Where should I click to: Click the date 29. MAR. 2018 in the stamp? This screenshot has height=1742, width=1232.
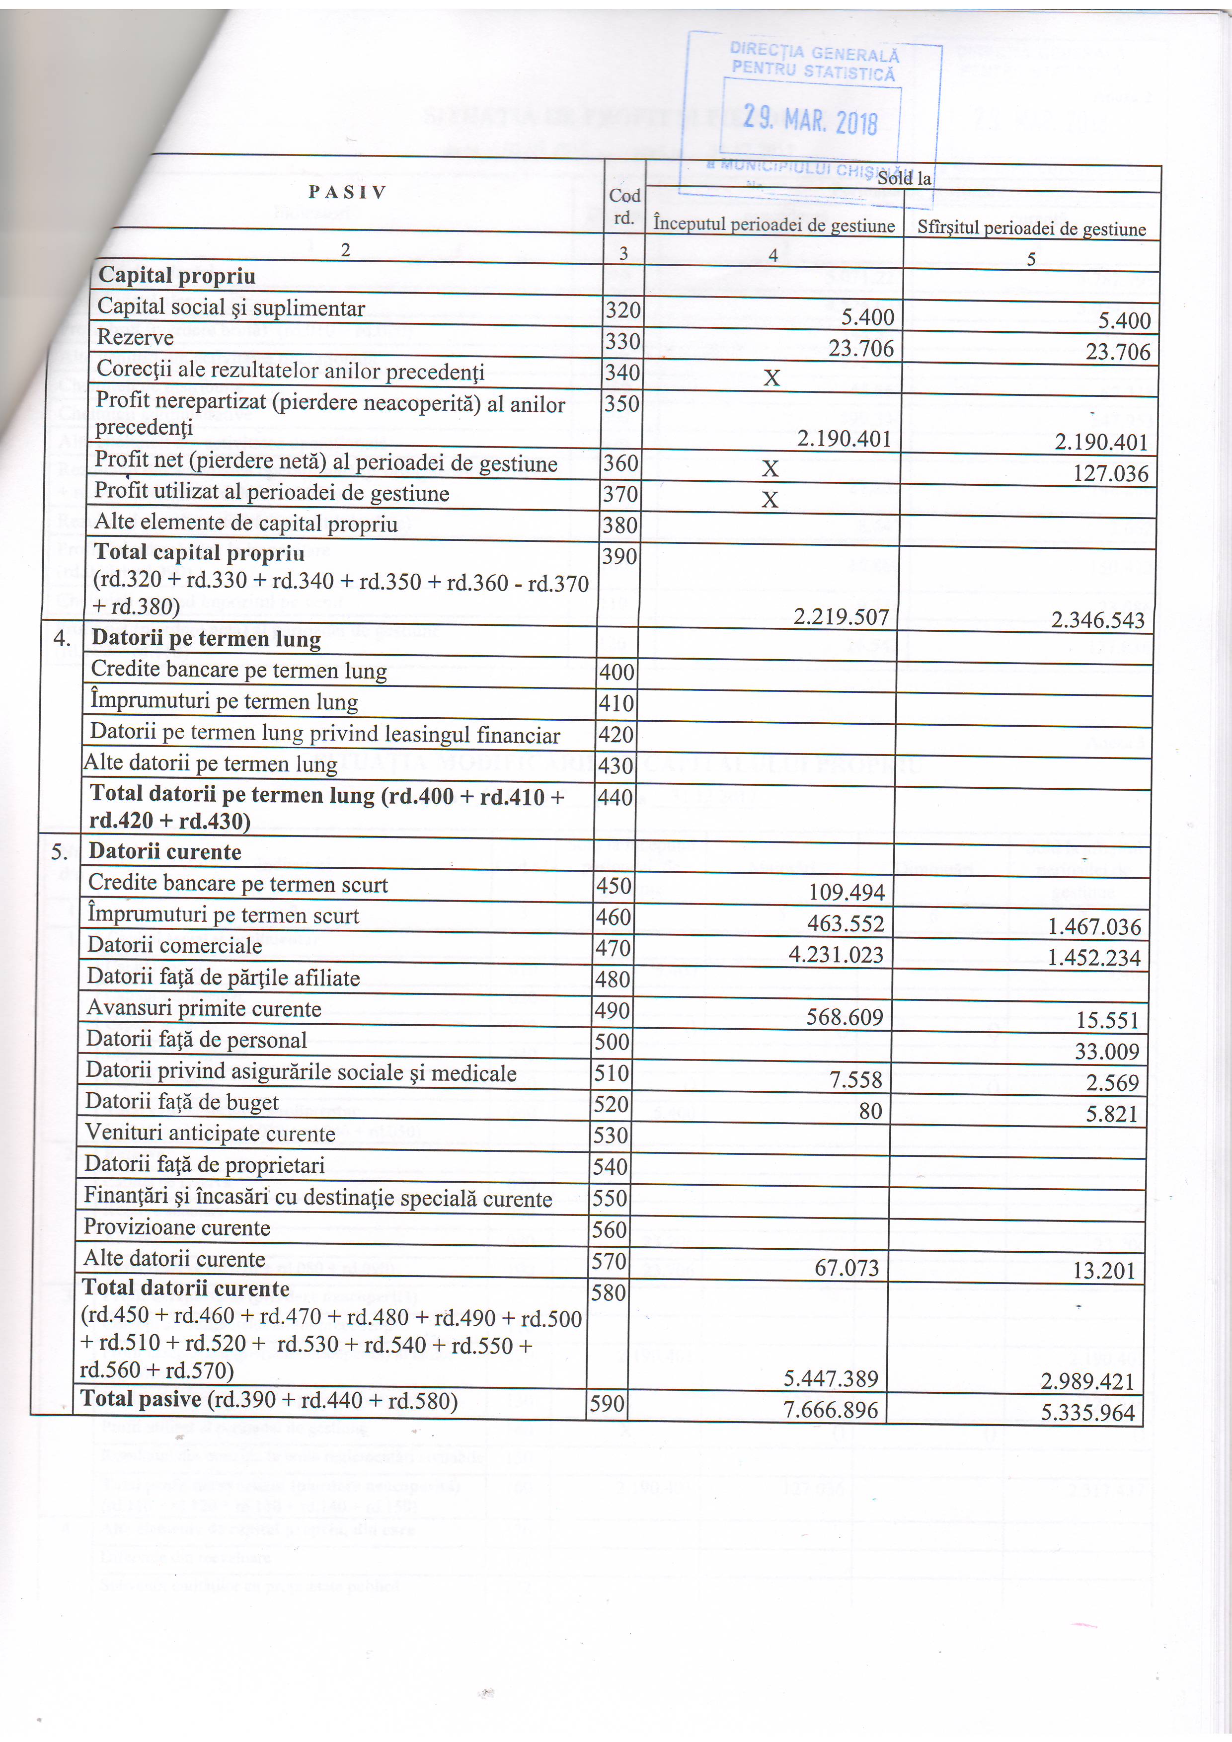(810, 120)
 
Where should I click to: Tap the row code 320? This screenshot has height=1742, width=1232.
(623, 309)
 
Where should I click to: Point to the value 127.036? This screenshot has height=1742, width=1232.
(1111, 473)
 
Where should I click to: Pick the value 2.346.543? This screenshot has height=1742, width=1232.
(1097, 620)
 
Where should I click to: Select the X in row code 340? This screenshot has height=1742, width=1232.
(771, 377)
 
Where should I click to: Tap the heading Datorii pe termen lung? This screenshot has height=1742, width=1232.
(206, 639)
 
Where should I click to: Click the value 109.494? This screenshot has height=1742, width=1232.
(847, 892)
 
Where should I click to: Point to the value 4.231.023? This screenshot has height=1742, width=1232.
(836, 955)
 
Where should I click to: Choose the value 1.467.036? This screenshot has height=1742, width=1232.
(1094, 926)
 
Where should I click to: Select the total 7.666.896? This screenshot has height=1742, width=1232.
(831, 1410)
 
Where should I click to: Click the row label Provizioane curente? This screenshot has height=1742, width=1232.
(177, 1227)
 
